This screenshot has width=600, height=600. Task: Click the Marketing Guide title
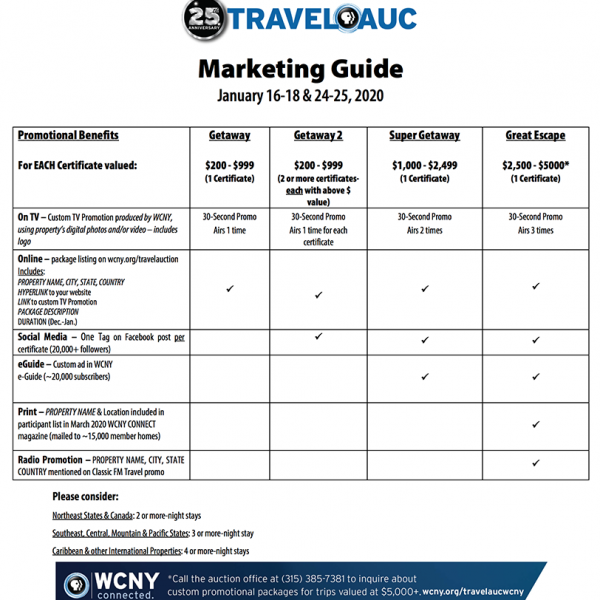(300, 69)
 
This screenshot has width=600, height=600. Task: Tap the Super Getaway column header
(424, 135)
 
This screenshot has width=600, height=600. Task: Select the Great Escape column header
(535, 135)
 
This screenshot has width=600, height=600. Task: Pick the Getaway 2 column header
(318, 135)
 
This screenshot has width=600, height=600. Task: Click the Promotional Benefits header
(68, 135)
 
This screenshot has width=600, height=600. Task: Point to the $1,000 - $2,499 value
(424, 165)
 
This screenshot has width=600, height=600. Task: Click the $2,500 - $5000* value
(535, 165)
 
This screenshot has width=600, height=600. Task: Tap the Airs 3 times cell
(535, 230)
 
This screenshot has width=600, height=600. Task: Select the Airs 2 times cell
(424, 230)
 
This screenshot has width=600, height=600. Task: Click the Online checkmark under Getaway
(230, 288)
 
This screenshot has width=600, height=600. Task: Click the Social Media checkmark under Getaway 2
(318, 336)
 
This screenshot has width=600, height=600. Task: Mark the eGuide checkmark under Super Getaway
(424, 377)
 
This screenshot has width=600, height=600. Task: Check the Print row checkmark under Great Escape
(536, 425)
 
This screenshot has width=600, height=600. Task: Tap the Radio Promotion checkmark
(536, 463)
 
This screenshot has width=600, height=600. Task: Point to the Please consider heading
(85, 497)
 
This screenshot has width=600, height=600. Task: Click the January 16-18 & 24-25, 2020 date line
(300, 97)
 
